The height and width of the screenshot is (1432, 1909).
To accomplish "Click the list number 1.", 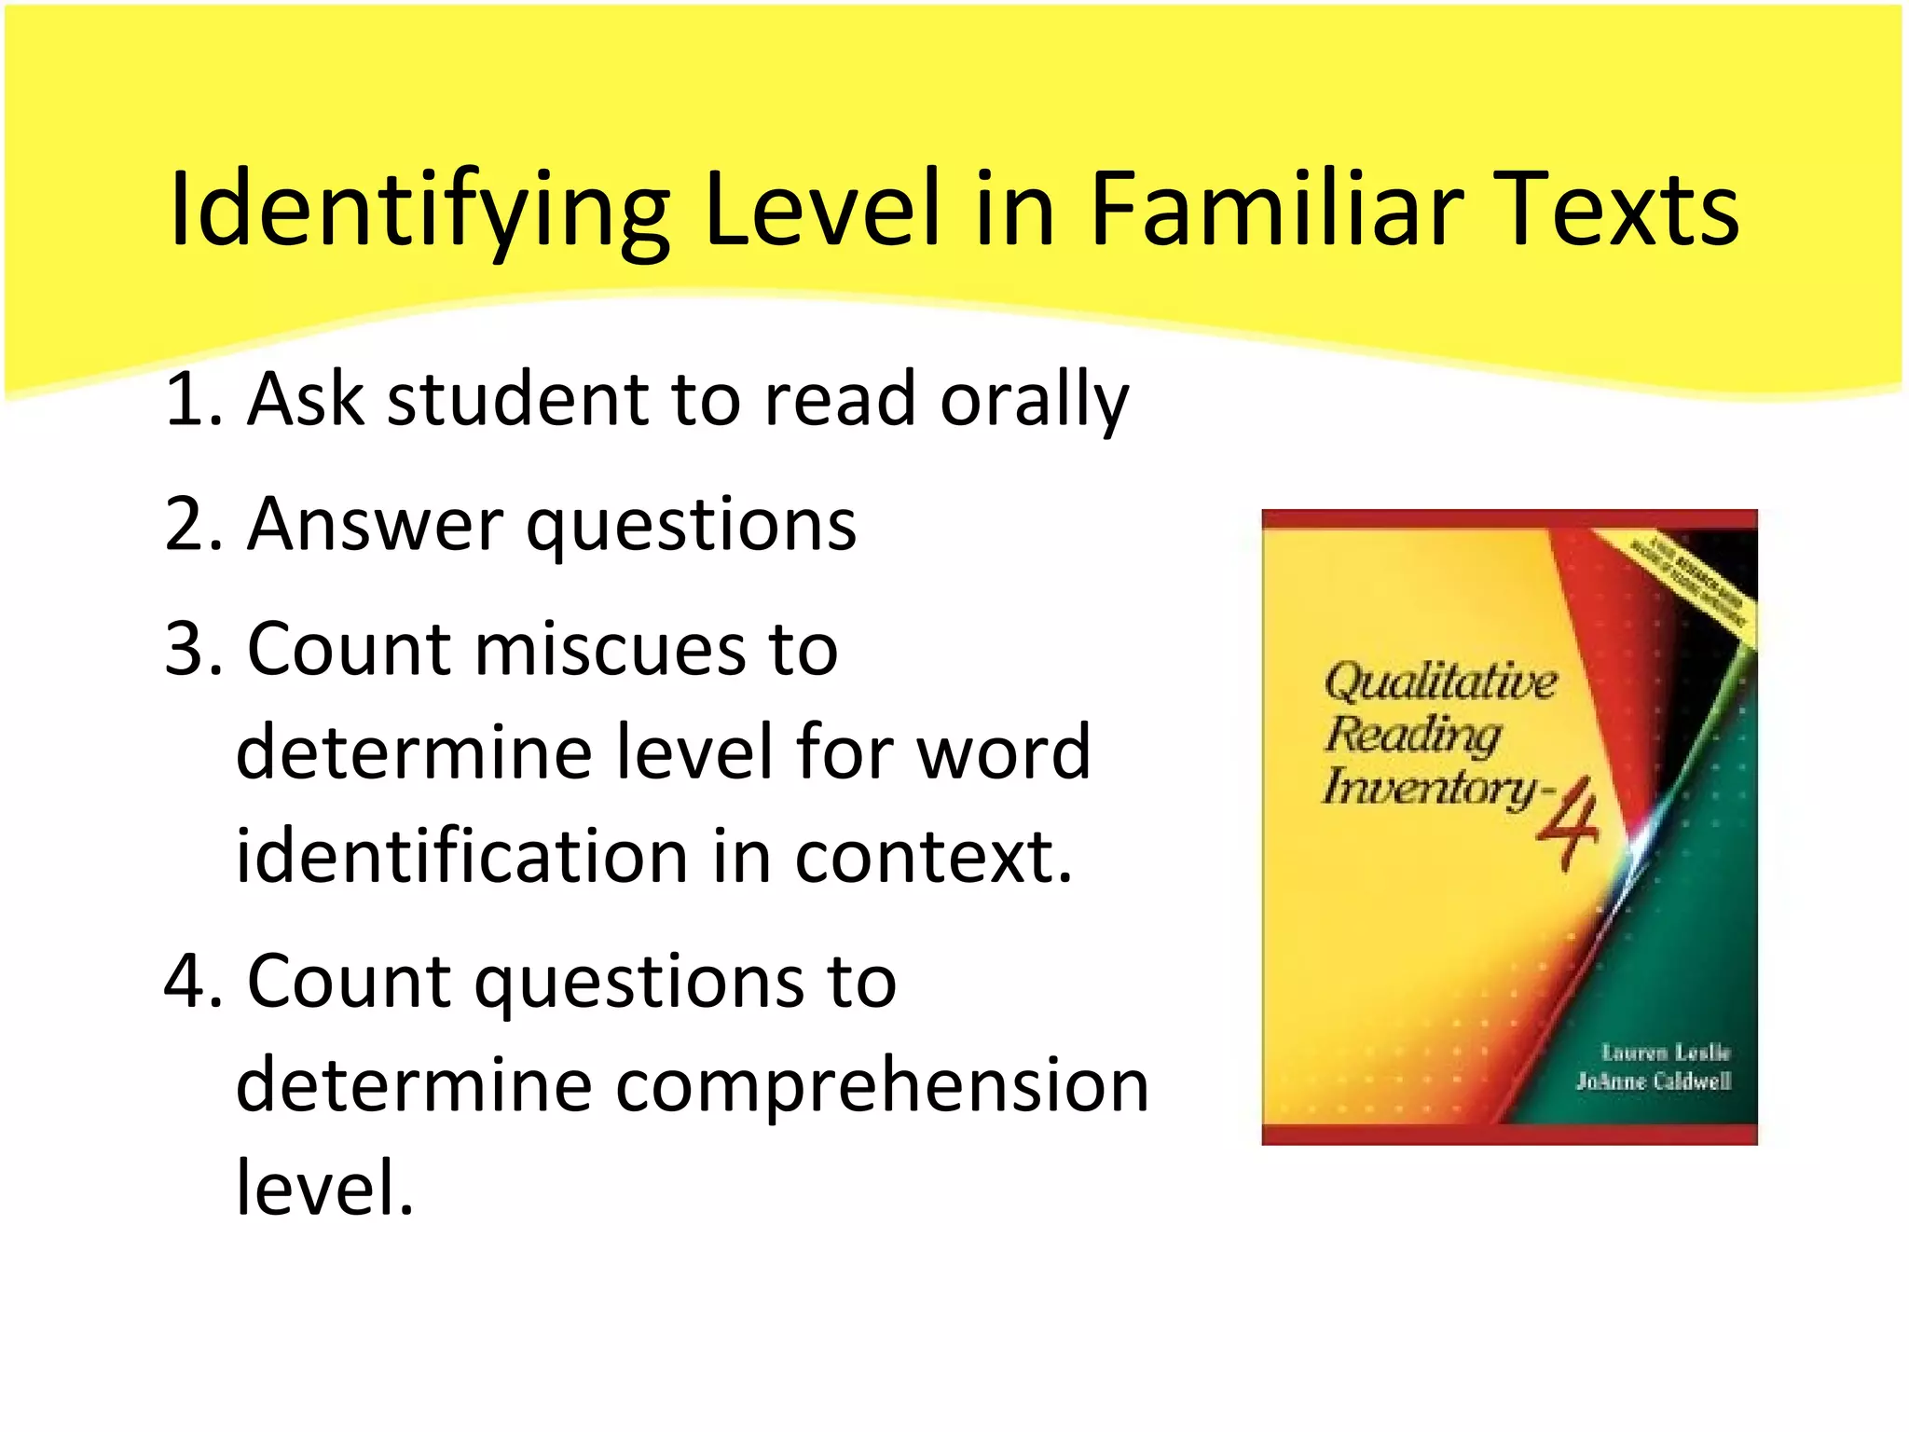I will pyautogui.click(x=187, y=400).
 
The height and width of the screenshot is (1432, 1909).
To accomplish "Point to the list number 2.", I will pyautogui.click(x=187, y=525).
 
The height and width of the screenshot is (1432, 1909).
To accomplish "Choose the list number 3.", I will pyautogui.click(x=187, y=650).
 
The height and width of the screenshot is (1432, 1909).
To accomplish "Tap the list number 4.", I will pyautogui.click(x=187, y=982).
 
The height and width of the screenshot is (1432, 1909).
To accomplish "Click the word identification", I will pyautogui.click(x=461, y=856).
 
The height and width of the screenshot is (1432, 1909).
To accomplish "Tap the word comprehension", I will pyautogui.click(x=882, y=1085).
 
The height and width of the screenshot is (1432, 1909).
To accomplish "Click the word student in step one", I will pyautogui.click(x=516, y=400).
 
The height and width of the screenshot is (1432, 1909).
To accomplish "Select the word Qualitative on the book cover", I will pyautogui.click(x=1440, y=682).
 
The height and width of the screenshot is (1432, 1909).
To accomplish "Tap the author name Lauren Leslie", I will pyautogui.click(x=1666, y=1053).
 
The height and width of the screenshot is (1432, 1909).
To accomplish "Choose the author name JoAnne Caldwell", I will pyautogui.click(x=1654, y=1081).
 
